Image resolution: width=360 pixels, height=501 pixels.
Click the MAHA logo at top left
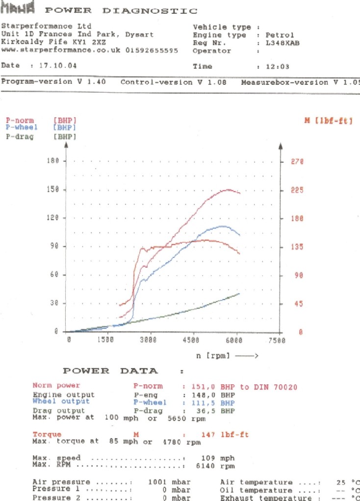tap(18, 9)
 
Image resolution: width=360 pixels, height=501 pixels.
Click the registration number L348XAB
tap(282, 43)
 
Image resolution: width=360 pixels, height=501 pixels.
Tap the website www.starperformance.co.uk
tap(61, 50)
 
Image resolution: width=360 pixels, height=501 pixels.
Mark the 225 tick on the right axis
tap(297, 191)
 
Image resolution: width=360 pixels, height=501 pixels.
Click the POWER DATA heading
tap(110, 371)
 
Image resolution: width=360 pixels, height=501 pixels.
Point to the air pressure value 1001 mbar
tap(169, 482)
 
